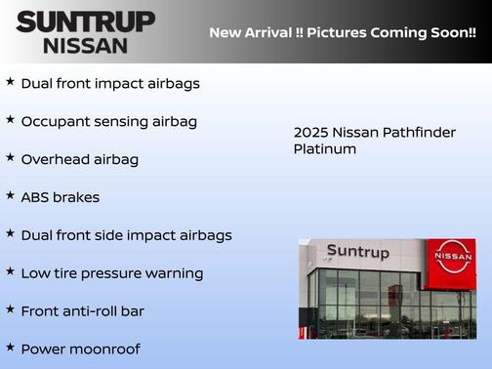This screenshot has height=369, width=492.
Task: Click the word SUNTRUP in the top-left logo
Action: click(85, 21)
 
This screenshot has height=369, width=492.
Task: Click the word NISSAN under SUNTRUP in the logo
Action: click(85, 45)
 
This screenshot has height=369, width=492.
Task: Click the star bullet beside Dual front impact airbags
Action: click(10, 82)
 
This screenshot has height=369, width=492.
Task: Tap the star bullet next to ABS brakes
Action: click(10, 195)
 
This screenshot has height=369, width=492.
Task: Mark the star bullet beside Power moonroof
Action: click(10, 347)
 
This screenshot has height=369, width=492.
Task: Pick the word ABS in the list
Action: click(37, 197)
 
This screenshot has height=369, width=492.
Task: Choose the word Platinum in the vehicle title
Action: click(325, 149)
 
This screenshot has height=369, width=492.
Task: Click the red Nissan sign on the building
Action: click(452, 258)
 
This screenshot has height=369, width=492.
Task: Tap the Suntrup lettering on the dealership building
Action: click(358, 252)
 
